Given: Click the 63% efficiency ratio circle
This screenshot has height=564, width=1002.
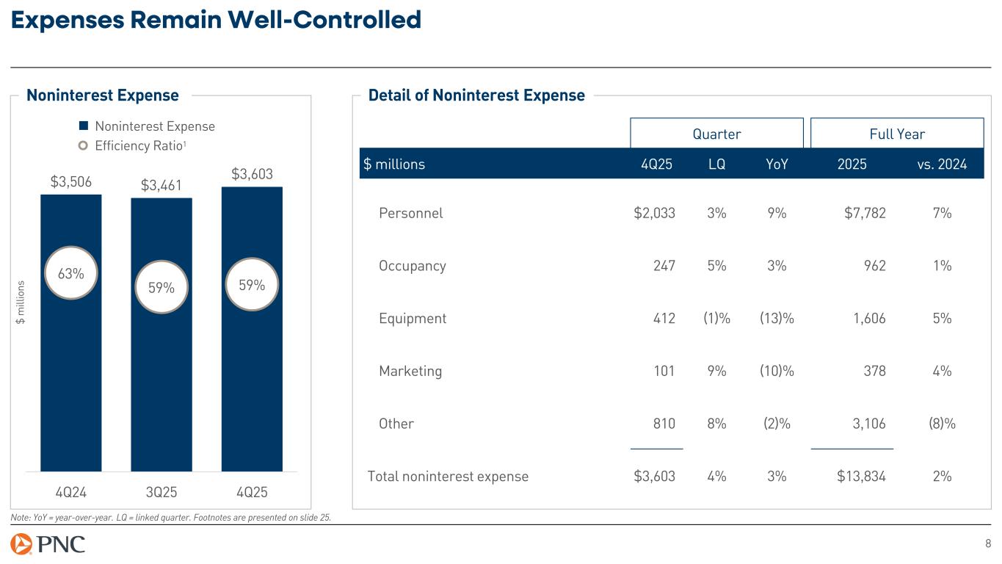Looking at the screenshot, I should (x=71, y=273).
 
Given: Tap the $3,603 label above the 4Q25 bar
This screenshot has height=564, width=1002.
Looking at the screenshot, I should (x=252, y=174).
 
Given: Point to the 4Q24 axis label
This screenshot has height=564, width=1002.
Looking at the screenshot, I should (x=71, y=491).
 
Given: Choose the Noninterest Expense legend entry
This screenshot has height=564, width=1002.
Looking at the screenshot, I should (x=148, y=126).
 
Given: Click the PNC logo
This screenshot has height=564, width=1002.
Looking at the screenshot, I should (x=48, y=545).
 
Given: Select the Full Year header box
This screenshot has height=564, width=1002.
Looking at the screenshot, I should (x=896, y=134).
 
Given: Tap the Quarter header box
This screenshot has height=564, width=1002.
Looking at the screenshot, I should (x=716, y=134).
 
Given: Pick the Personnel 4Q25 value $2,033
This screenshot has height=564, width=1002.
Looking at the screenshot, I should (x=654, y=213).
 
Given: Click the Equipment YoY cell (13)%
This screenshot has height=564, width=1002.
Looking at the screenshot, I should (x=775, y=319).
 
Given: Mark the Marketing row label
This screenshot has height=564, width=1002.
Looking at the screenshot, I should (x=410, y=371).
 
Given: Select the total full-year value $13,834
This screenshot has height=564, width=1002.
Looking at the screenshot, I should (x=861, y=477).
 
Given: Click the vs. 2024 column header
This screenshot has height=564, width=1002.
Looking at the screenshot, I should (x=942, y=164).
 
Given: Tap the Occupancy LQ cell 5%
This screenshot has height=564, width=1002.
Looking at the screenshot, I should (x=716, y=266).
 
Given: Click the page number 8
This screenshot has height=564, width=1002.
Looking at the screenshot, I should (x=987, y=543).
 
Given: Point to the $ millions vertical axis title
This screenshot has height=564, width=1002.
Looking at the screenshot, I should (x=21, y=300).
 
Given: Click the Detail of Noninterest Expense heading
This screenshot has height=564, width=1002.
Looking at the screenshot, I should (x=476, y=95).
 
